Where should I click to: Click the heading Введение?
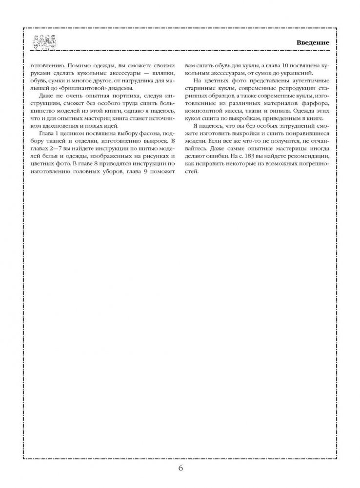(x=313, y=42)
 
